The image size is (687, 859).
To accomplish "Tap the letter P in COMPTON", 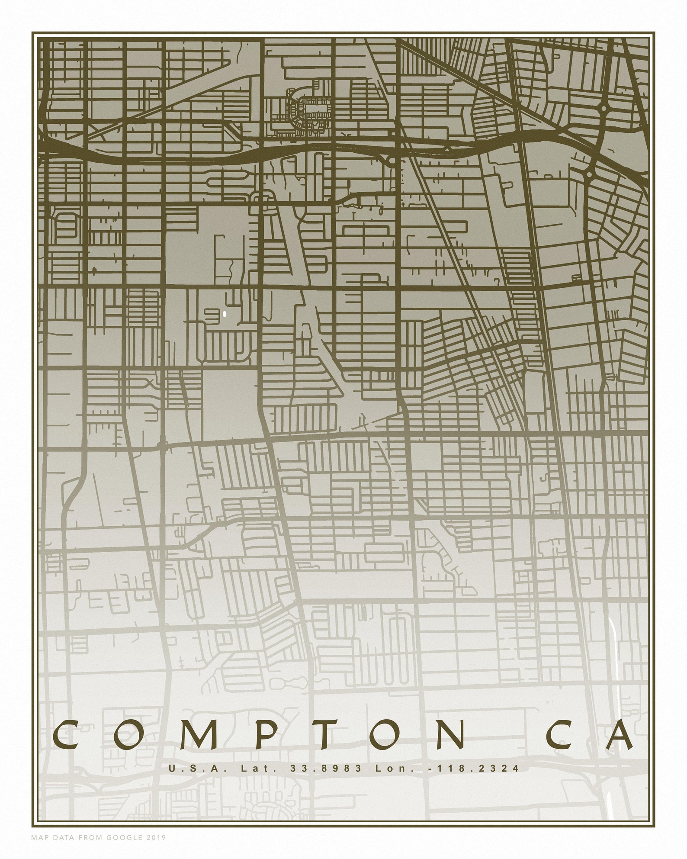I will pyautogui.click(x=265, y=735).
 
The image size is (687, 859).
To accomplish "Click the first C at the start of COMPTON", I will pyautogui.click(x=65, y=735).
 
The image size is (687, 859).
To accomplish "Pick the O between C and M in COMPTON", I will pyautogui.click(x=130, y=735).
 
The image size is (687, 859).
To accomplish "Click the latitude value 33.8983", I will pyautogui.click(x=326, y=769).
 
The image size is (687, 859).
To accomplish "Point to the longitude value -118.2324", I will pyautogui.click(x=479, y=769).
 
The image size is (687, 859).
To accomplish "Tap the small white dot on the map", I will pyautogui.click(x=225, y=313).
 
